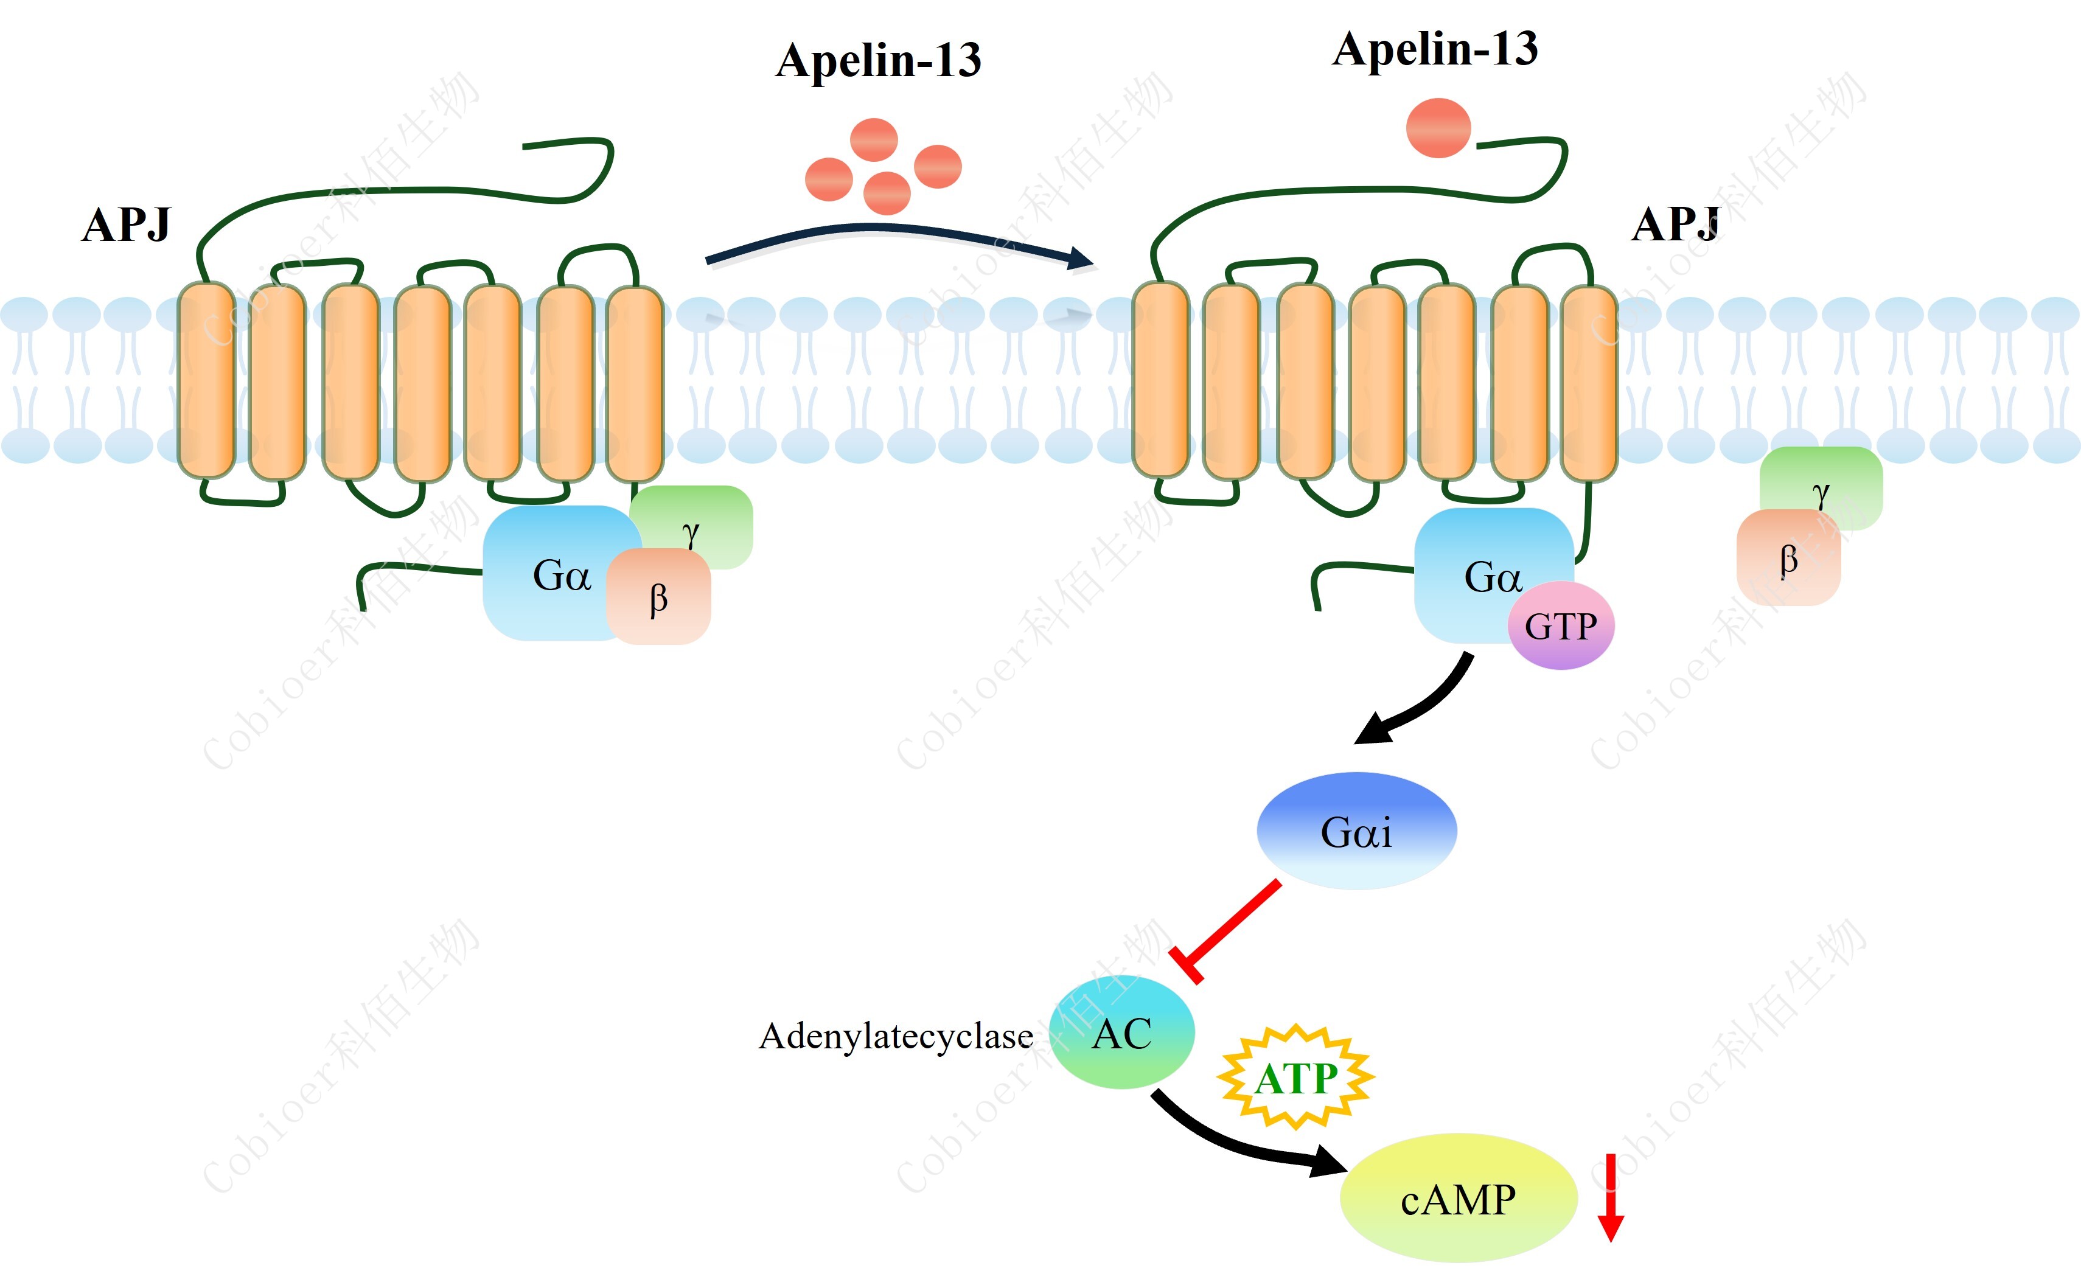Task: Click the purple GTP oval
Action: [x=1561, y=626]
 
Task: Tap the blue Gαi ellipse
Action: [x=1356, y=831]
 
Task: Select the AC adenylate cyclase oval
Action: [x=1121, y=1032]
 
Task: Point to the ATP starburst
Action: [x=1295, y=1078]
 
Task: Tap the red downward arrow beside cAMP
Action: [x=1611, y=1197]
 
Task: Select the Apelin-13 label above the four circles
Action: [x=879, y=61]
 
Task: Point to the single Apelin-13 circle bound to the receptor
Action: [x=1438, y=128]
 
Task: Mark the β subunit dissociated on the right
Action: [x=1788, y=558]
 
